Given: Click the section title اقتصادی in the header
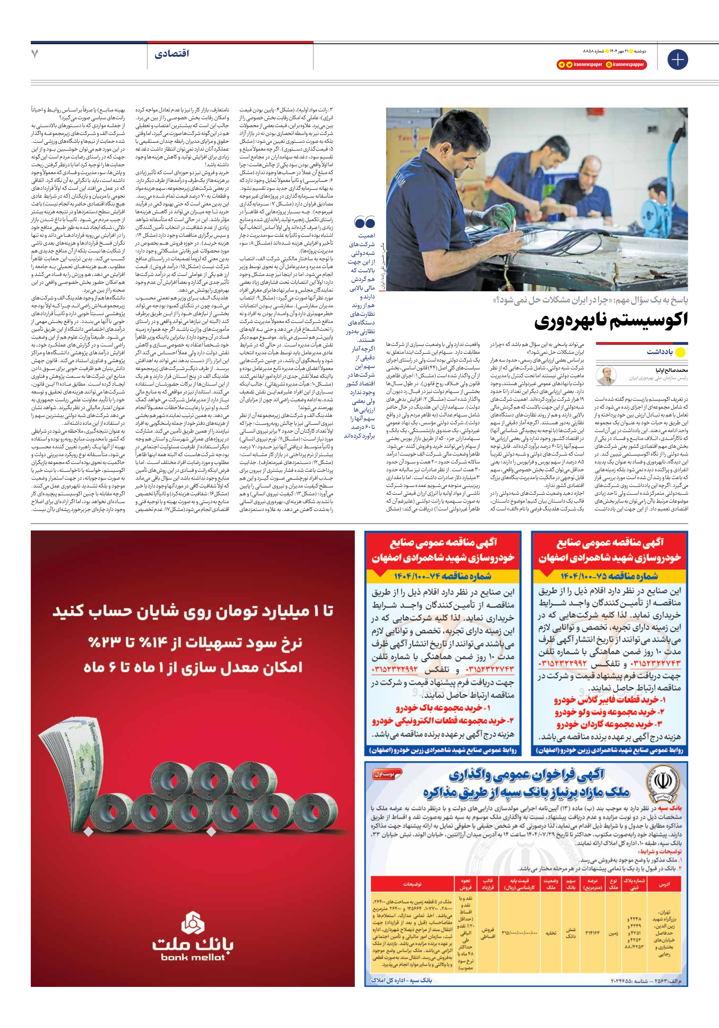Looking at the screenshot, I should pos(171,54).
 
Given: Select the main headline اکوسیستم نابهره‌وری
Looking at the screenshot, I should pos(611,321).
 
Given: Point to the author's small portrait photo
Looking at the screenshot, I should pos(606,376).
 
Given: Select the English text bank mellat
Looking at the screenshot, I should pos(193,957).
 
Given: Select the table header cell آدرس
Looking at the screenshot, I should pos(664,884).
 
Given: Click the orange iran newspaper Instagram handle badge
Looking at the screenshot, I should pos(625,64).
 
